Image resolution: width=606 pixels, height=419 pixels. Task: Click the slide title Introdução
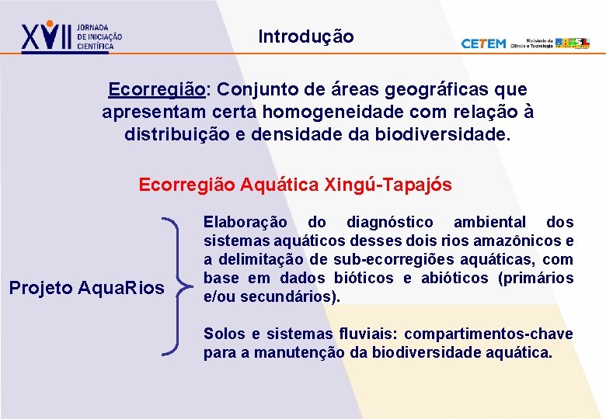[305, 36]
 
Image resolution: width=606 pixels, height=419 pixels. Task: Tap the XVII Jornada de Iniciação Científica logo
[71, 36]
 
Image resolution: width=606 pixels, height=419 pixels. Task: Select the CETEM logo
[483, 43]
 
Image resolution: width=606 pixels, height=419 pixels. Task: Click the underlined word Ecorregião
[157, 90]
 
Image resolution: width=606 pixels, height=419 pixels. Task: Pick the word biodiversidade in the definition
[443, 135]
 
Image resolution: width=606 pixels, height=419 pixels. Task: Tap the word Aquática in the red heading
[279, 185]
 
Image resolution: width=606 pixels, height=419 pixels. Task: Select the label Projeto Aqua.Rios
[86, 289]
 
